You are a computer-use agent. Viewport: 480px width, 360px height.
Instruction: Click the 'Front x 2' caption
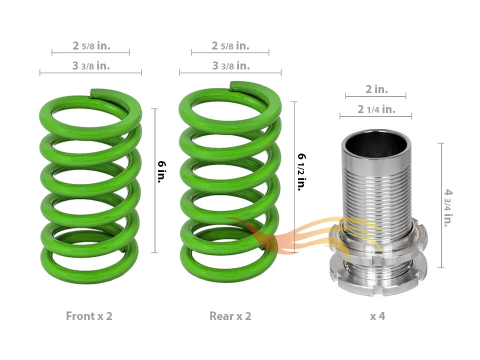[89, 316]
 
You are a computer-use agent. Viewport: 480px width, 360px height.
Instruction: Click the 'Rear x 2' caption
[230, 316]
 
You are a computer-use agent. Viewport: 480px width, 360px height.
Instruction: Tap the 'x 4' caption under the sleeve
[377, 316]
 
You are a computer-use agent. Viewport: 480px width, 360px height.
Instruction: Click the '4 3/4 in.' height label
[448, 207]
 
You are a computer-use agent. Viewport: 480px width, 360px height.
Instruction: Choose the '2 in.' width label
[376, 89]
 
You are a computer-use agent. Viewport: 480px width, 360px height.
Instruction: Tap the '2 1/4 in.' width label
[376, 109]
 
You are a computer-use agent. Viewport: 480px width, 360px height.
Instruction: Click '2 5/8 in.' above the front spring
[91, 46]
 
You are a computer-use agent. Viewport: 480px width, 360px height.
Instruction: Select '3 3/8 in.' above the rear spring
[230, 65]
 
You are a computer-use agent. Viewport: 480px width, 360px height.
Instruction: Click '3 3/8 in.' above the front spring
[91, 65]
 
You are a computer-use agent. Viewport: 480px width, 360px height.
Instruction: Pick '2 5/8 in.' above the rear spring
[230, 46]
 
